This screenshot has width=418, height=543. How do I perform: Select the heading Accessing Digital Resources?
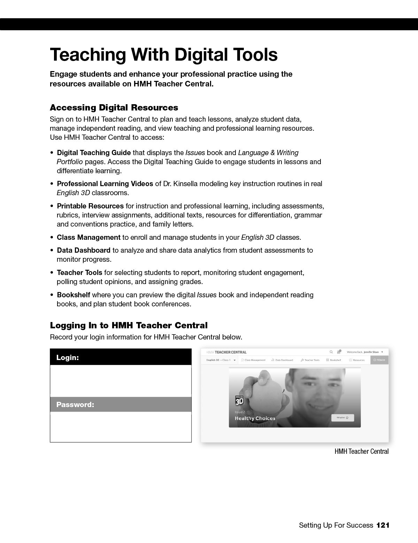114,107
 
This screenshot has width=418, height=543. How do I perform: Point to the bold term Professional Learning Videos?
105,184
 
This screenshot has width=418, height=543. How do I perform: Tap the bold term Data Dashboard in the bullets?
84,250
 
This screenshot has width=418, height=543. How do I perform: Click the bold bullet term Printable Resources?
90,206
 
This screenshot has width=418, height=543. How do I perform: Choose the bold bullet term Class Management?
88,237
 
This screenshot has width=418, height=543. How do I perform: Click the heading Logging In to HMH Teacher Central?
129,326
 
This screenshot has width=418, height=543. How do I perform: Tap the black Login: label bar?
121,357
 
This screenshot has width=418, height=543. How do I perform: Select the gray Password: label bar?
121,405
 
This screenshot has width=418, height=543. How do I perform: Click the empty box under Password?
121,427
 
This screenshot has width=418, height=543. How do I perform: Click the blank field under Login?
121,381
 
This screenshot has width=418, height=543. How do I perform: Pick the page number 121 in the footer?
383,525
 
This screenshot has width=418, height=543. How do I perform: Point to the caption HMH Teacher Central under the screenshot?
361,451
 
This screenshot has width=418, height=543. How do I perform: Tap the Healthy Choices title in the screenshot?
255,418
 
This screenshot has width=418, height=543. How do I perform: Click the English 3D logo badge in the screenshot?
239,400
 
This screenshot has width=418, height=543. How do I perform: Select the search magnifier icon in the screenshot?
331,352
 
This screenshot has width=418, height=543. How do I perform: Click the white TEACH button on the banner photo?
342,418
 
